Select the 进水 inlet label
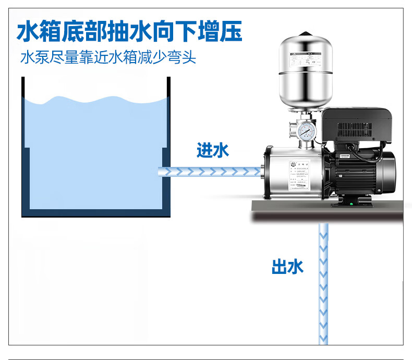(x=213, y=151)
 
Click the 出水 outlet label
(x=287, y=267)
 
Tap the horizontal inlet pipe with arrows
(x=209, y=171)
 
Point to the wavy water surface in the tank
(x=96, y=100)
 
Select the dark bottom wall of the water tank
(x=96, y=213)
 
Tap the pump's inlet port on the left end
(x=260, y=170)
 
